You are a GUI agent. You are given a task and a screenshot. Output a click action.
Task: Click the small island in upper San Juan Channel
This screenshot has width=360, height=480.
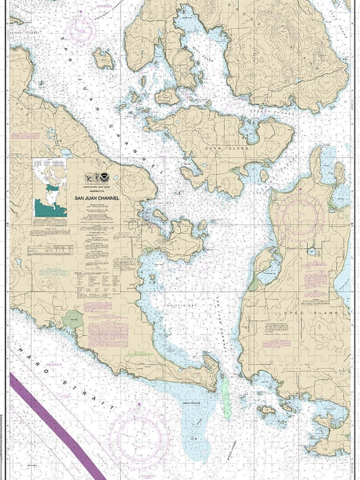[103, 59]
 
